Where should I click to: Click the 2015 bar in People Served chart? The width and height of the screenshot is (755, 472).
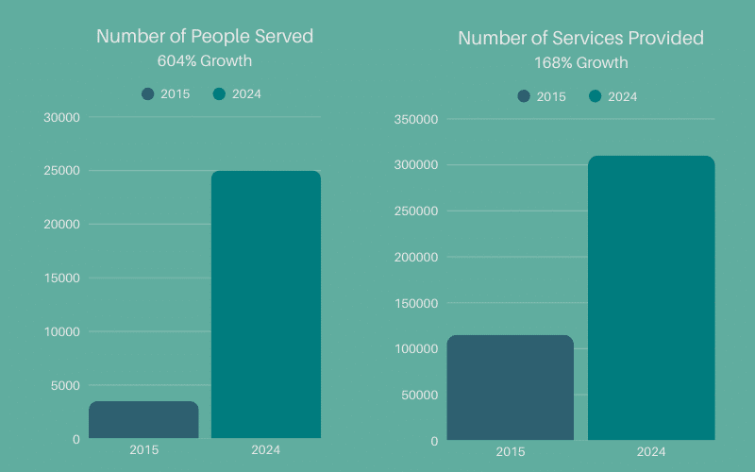click(x=143, y=420)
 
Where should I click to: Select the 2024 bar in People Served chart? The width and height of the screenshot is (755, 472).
click(x=265, y=304)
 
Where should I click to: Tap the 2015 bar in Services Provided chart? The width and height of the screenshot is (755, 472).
click(x=510, y=387)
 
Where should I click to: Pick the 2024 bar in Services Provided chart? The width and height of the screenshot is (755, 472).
click(x=651, y=297)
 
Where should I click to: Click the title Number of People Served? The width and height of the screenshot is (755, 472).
click(x=205, y=37)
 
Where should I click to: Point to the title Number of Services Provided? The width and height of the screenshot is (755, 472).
click(x=581, y=39)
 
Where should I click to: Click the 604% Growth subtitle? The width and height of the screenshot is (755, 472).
click(x=205, y=61)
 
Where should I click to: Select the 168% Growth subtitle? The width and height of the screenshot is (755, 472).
click(x=581, y=63)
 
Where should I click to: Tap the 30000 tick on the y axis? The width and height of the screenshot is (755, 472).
click(x=61, y=117)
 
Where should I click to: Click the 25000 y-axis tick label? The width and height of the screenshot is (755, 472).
click(x=61, y=171)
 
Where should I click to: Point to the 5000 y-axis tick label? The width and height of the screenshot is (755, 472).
click(x=65, y=385)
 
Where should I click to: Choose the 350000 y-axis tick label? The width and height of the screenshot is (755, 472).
click(x=415, y=119)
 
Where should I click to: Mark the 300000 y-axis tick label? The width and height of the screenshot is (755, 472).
click(x=415, y=165)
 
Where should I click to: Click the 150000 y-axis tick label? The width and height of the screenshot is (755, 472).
click(x=415, y=303)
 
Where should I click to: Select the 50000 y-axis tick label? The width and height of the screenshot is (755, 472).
click(x=419, y=395)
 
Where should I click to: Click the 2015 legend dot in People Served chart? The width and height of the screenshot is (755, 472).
click(x=148, y=93)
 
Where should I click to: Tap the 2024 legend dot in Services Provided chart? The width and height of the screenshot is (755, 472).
click(x=596, y=96)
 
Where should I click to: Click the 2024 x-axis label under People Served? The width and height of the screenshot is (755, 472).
click(x=265, y=450)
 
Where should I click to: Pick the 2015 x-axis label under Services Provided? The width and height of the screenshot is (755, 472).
click(x=510, y=452)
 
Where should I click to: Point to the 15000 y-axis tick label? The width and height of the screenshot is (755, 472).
click(x=61, y=278)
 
